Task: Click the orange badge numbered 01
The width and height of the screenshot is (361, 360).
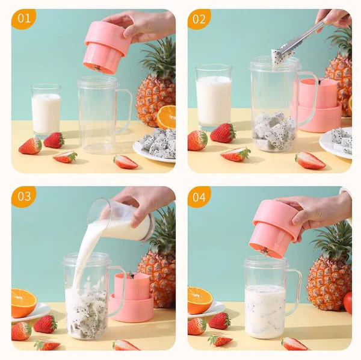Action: point(23,19)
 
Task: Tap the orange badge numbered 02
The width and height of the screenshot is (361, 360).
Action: point(199,19)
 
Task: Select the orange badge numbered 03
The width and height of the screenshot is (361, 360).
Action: point(23,196)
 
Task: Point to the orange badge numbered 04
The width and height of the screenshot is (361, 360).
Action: point(199,196)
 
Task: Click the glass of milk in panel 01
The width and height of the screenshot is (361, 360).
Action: point(46,111)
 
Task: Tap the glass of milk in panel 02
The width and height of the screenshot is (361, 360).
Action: point(214,97)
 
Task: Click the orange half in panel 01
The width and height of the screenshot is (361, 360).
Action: point(167,117)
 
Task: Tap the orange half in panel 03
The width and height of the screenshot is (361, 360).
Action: point(23,303)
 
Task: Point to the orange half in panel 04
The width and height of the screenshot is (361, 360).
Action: point(200,300)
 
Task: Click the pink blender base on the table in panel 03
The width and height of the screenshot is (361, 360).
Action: point(132,297)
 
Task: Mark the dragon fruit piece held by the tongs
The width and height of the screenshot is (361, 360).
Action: point(276,58)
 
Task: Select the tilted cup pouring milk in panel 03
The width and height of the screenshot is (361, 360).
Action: point(122,221)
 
